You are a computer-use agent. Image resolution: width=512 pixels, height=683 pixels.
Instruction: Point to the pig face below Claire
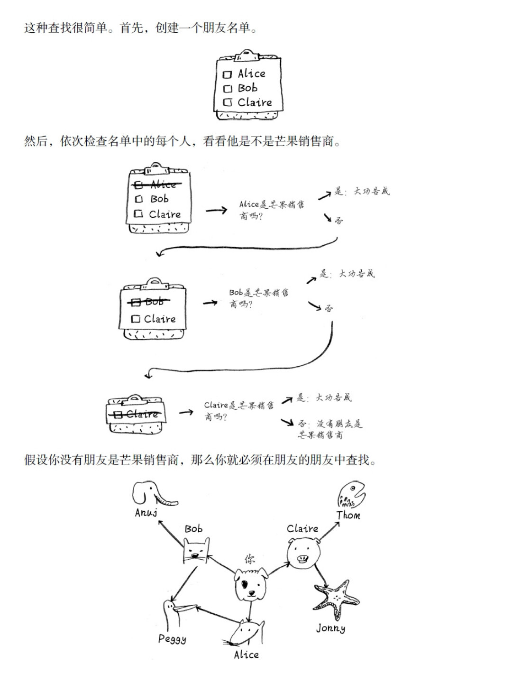(303, 553)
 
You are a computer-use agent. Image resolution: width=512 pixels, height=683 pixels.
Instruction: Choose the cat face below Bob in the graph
(196, 552)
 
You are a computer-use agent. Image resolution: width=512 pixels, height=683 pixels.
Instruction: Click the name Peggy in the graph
(172, 639)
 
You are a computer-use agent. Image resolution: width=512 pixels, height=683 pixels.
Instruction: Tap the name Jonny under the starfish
(330, 628)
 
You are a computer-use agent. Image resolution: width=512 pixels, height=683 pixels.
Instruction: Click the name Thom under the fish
(348, 515)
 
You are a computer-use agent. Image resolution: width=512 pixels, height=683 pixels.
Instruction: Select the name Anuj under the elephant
(146, 512)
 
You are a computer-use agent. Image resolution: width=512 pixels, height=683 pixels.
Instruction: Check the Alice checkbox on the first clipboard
(227, 74)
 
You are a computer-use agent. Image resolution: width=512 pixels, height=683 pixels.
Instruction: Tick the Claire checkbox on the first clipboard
(228, 102)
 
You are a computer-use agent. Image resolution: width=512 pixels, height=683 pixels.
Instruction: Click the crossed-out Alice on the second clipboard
(158, 184)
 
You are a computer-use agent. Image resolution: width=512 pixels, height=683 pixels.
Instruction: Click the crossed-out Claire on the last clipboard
(137, 414)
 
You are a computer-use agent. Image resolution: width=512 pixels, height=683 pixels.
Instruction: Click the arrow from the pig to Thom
(329, 531)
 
